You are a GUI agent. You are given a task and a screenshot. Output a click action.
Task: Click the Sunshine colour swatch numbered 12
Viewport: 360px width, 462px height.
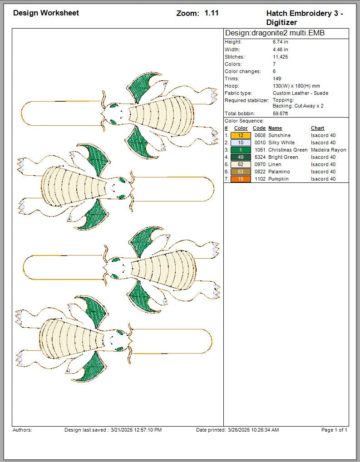(241, 135)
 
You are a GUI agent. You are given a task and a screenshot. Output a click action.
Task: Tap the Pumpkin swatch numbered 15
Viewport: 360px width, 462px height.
(241, 179)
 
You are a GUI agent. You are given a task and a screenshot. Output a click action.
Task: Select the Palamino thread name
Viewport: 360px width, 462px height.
(279, 172)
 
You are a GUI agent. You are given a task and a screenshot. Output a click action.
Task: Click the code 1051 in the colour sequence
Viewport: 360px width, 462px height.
(260, 150)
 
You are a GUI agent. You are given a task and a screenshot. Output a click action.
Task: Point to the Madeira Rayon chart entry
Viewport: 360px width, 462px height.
(329, 150)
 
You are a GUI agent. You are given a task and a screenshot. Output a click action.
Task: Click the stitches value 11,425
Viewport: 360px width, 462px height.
(281, 57)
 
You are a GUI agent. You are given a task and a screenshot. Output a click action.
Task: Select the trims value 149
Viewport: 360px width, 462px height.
(277, 79)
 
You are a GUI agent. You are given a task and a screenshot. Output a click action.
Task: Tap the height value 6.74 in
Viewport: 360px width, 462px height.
(281, 42)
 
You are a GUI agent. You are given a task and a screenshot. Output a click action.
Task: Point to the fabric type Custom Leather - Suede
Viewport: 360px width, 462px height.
(301, 93)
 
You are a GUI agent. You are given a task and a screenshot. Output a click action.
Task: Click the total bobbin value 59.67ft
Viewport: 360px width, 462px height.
(281, 113)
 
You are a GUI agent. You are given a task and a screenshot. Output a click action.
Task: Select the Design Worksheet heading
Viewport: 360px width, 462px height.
(46, 13)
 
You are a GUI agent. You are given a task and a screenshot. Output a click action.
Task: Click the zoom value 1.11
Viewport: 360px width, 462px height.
(212, 13)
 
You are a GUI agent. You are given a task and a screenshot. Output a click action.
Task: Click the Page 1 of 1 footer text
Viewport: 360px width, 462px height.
(334, 430)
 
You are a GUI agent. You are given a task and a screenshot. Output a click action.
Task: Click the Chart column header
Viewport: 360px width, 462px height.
(317, 128)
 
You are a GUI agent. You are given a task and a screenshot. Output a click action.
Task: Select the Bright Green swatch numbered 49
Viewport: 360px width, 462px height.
(241, 157)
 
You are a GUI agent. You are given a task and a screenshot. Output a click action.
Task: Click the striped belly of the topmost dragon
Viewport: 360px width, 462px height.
(161, 115)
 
